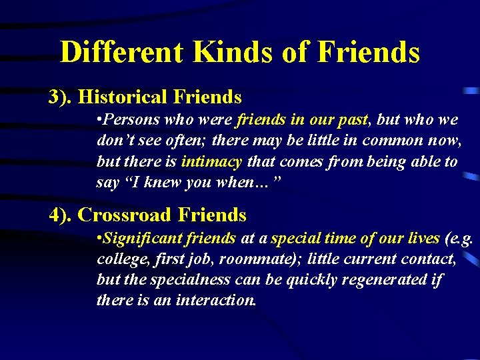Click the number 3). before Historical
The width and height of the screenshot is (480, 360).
point(61,97)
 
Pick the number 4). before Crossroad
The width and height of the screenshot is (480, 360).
point(61,215)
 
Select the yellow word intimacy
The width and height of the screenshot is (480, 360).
point(211,161)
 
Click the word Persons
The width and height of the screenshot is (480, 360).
point(131,121)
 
